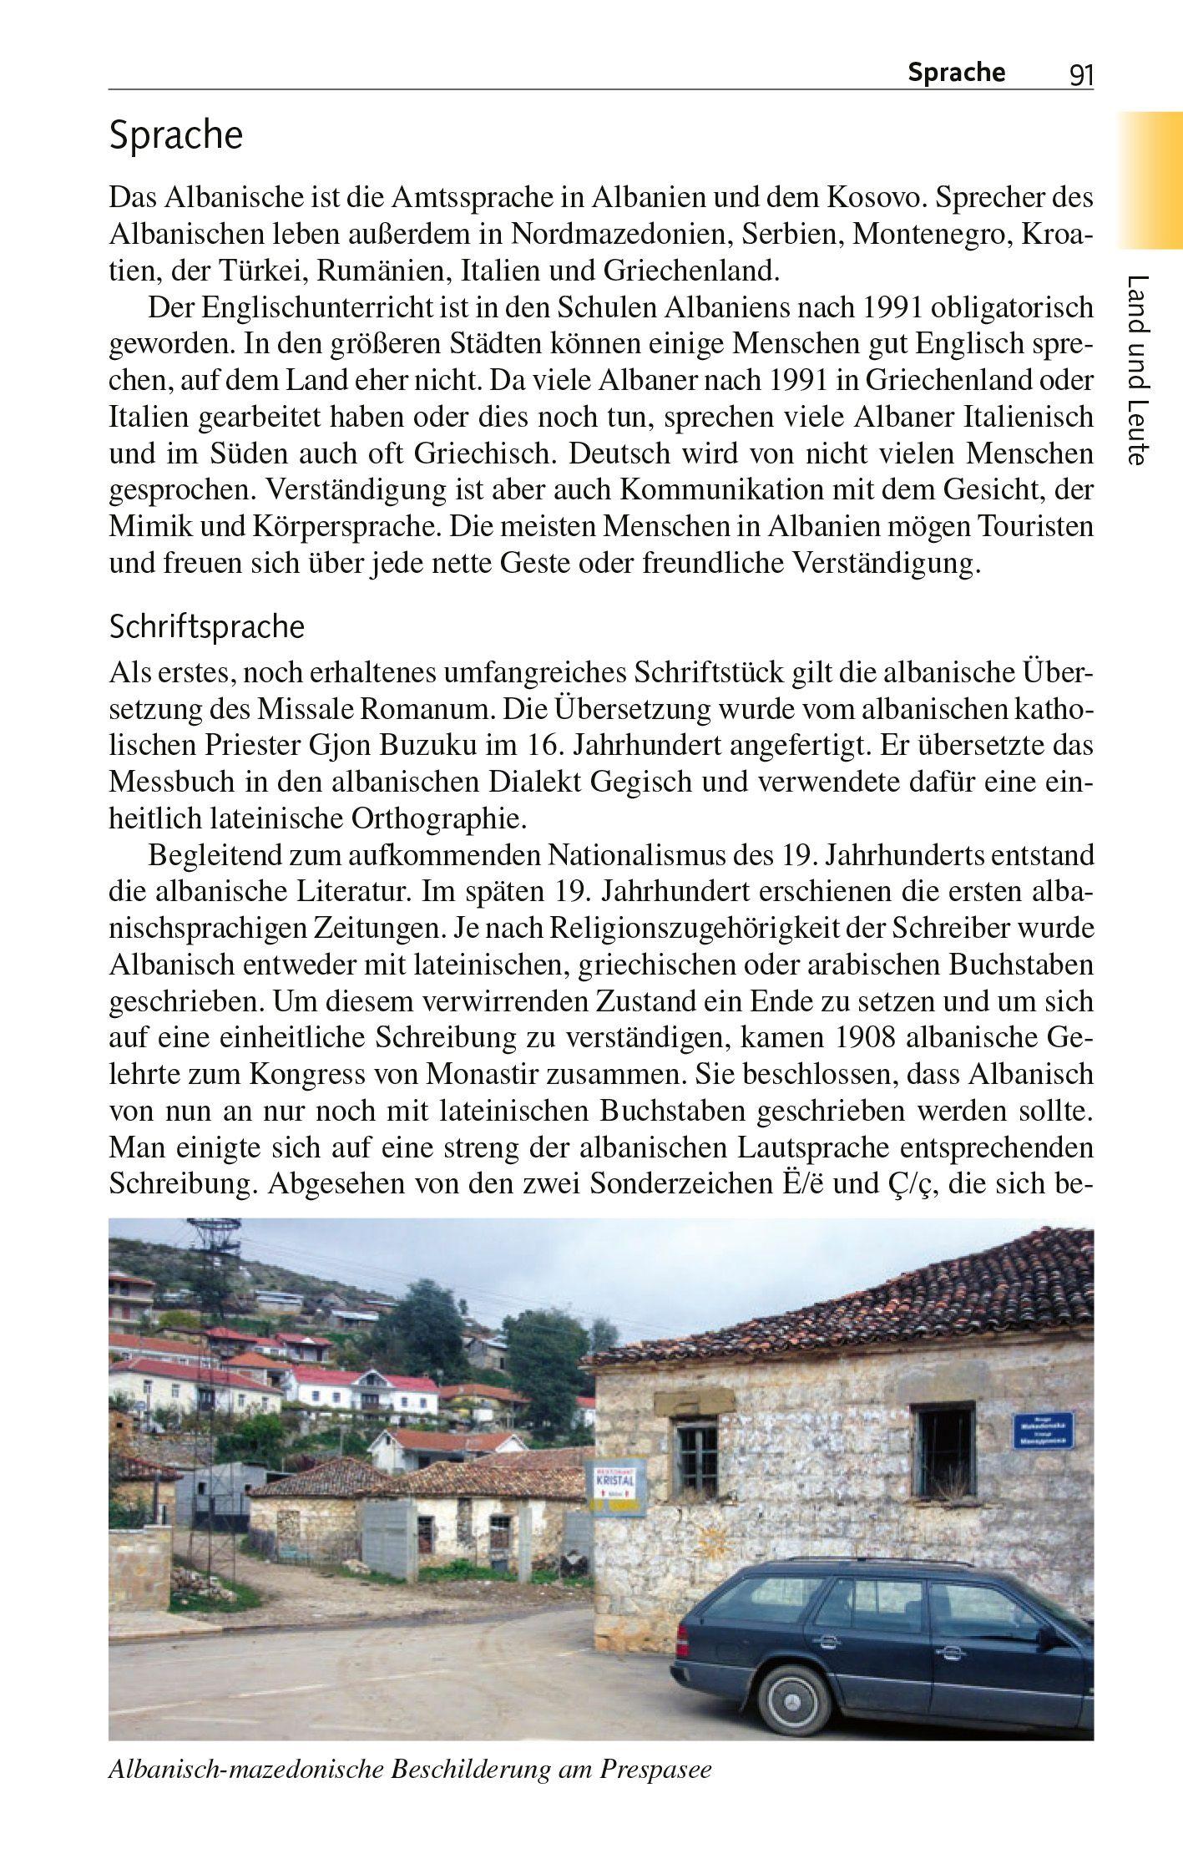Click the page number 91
[x=1080, y=76]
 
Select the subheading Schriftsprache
[x=207, y=626]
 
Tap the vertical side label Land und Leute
[x=1138, y=369]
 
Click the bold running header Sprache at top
[x=956, y=73]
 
